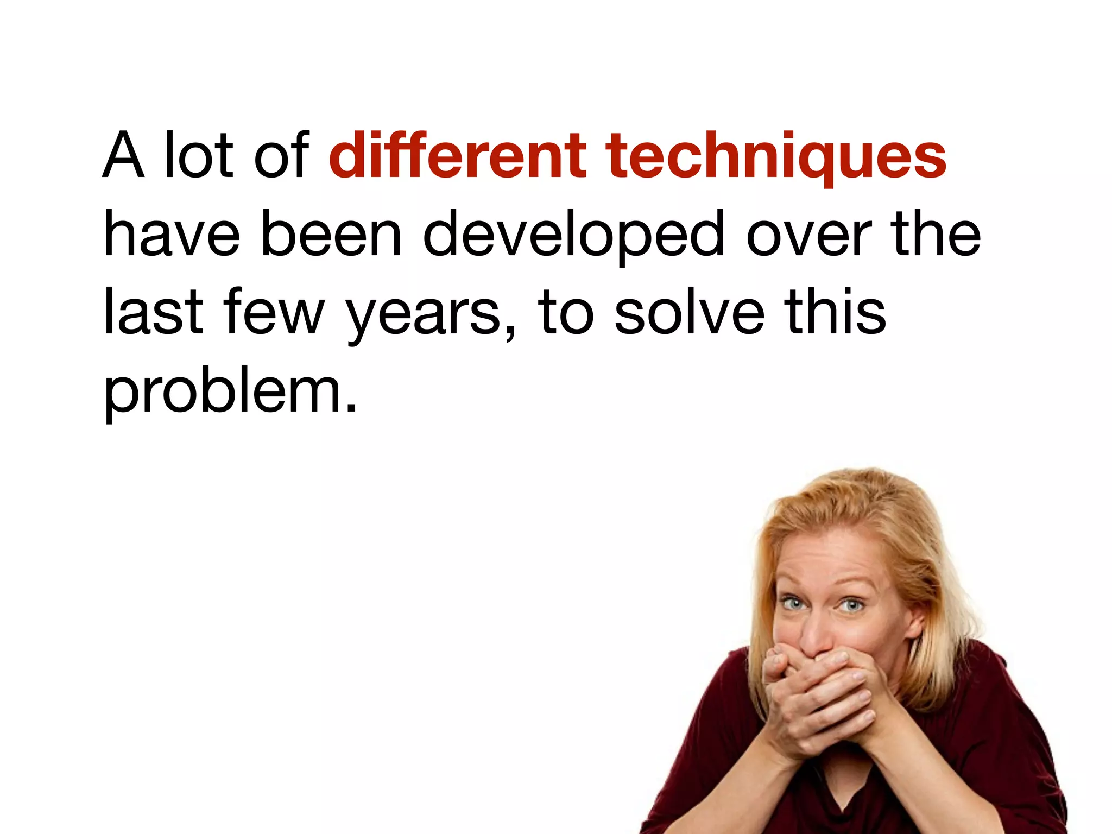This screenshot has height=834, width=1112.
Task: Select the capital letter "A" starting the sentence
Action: [x=124, y=156]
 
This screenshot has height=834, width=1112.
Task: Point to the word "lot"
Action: [x=199, y=156]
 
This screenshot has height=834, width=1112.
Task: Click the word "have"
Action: [x=172, y=235]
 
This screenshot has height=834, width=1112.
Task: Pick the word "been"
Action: [x=331, y=235]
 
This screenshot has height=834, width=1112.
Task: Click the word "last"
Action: [x=153, y=312]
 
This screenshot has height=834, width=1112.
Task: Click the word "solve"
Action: [x=690, y=312]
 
